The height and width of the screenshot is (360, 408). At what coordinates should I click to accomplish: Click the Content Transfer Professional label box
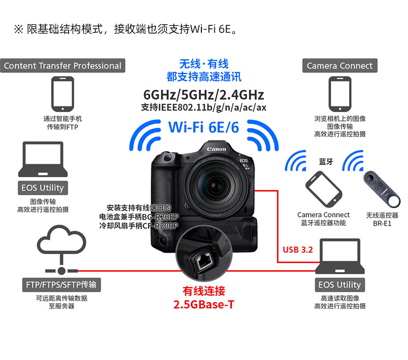pyautogui.click(x=62, y=66)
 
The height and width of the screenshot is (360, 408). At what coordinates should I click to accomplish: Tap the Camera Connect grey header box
pyautogui.click(x=339, y=66)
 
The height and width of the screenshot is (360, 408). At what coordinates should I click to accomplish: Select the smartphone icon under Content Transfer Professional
pyautogui.click(x=62, y=94)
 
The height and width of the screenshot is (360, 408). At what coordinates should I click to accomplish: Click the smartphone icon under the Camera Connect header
pyautogui.click(x=340, y=94)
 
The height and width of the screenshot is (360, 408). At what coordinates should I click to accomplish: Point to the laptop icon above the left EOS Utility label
pyautogui.click(x=43, y=159)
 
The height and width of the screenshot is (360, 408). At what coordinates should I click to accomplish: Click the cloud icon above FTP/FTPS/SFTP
pyautogui.click(x=61, y=239)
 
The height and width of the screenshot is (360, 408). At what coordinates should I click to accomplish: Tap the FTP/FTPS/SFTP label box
pyautogui.click(x=61, y=285)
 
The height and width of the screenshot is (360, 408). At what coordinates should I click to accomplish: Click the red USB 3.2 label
pyautogui.click(x=297, y=249)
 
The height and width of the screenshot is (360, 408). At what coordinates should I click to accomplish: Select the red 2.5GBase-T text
pyautogui.click(x=203, y=305)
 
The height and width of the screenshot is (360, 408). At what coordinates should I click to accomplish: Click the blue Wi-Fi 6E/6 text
pyautogui.click(x=203, y=127)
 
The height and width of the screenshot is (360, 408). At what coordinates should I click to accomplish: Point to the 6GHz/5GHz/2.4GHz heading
pyautogui.click(x=203, y=95)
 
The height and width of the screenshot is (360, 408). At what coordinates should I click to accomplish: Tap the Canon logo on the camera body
pyautogui.click(x=216, y=149)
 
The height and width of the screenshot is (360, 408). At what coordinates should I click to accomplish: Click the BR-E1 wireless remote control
pyautogui.click(x=382, y=189)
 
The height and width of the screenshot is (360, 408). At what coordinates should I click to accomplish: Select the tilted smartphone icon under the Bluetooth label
pyautogui.click(x=324, y=189)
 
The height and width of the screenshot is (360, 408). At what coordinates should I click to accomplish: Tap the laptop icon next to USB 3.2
pyautogui.click(x=340, y=256)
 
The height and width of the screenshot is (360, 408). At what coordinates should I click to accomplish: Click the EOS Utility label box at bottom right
pyautogui.click(x=339, y=285)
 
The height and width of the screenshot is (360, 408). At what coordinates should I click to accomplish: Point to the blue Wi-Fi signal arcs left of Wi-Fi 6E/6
pyautogui.click(x=145, y=135)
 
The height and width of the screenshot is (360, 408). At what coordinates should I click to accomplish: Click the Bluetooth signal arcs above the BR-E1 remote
pyautogui.click(x=353, y=160)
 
